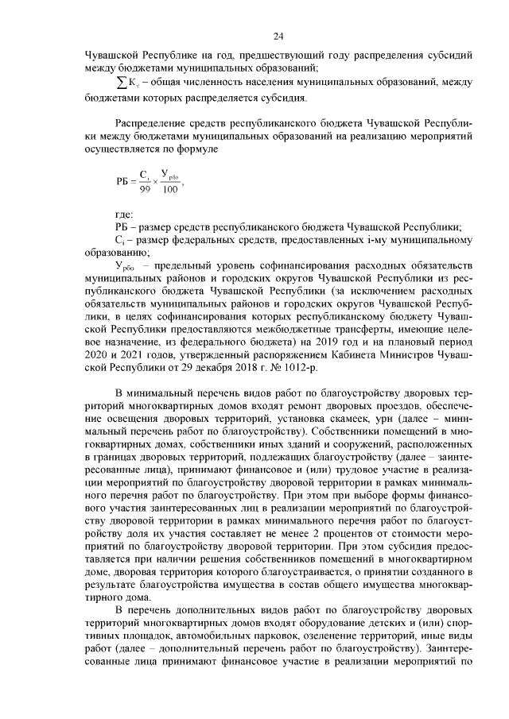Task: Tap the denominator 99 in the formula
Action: click(x=144, y=189)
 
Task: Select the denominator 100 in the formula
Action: click(x=169, y=189)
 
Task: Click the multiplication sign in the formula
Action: click(x=156, y=182)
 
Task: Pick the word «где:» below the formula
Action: click(x=124, y=214)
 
